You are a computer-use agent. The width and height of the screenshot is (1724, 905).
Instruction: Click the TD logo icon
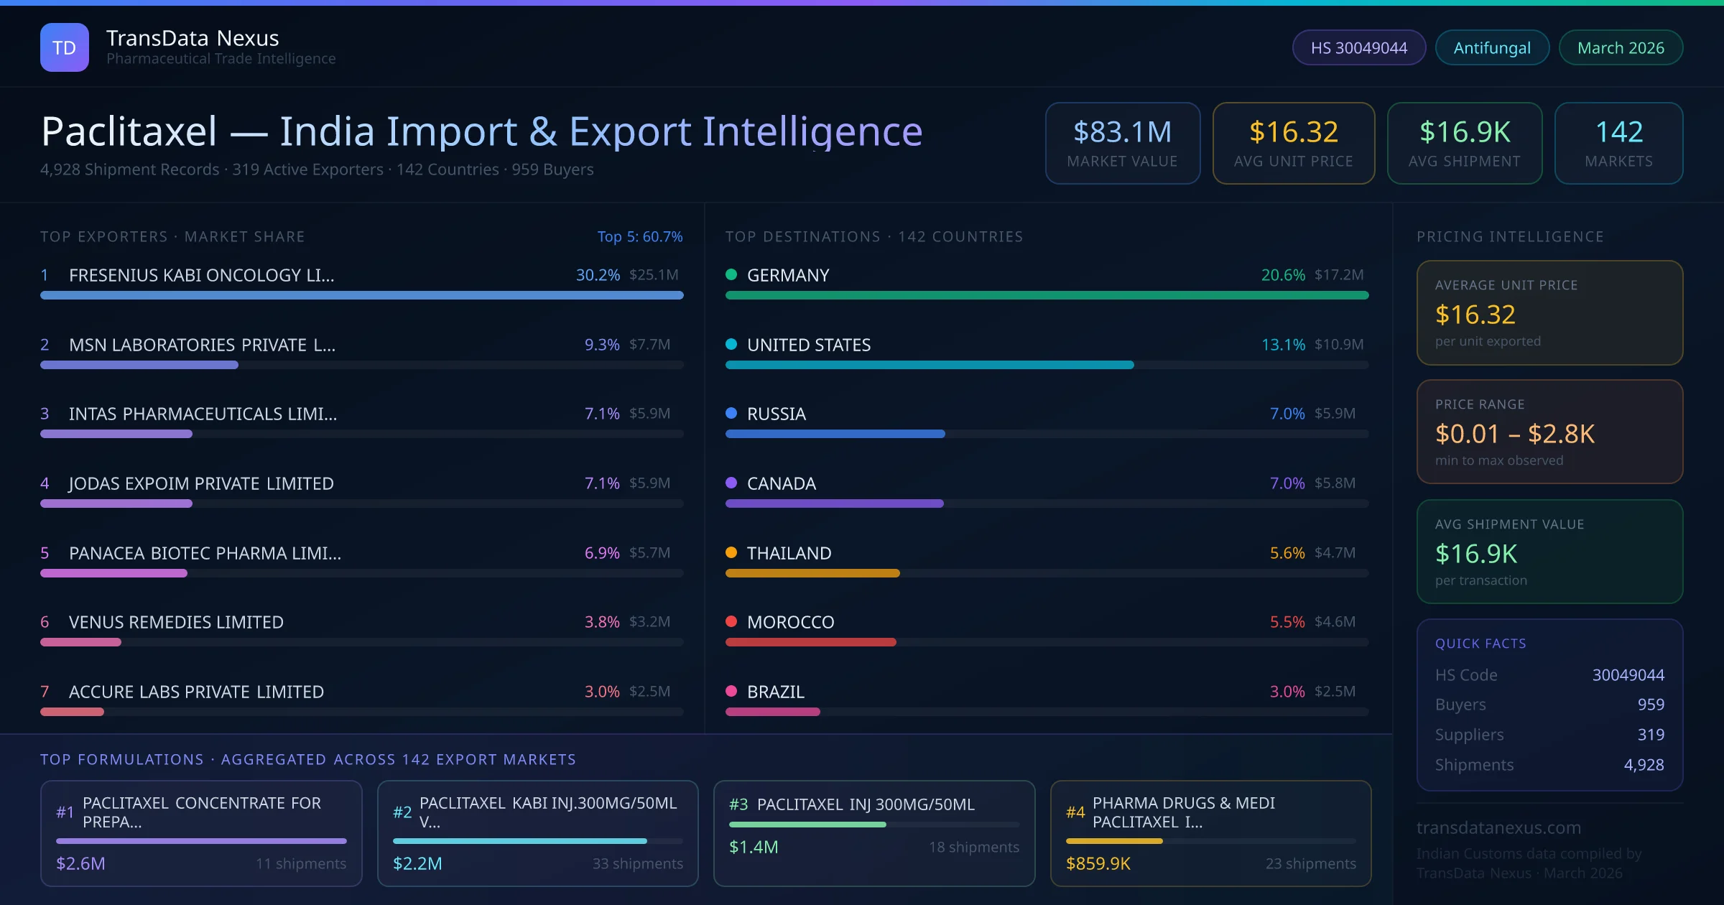tap(65, 47)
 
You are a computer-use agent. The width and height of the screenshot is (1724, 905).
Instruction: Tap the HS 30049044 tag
tap(1358, 47)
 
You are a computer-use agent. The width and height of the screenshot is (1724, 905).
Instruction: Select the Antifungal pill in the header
tap(1492, 47)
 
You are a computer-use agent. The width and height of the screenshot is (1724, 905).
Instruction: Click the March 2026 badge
tap(1621, 47)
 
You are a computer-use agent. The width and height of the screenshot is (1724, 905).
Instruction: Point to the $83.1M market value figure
tap(1122, 132)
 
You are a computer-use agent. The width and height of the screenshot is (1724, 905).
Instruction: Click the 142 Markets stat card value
tap(1619, 132)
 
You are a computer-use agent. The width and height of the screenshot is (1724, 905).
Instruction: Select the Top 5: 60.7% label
tap(639, 236)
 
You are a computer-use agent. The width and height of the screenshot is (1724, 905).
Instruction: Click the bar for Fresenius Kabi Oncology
tap(361, 295)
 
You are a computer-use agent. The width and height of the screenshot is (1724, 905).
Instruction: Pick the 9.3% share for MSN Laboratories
tap(601, 345)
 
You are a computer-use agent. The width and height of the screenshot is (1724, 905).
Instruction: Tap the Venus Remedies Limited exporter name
tap(176, 622)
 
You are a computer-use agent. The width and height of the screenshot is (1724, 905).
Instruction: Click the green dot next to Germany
tap(731, 274)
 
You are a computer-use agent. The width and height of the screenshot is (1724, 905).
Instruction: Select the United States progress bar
tap(929, 365)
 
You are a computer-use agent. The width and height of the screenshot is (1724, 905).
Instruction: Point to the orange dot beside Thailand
tap(731, 552)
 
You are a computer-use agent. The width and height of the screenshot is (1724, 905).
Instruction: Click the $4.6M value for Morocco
tap(1335, 622)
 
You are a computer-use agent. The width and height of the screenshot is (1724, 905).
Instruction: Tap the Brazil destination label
tap(775, 692)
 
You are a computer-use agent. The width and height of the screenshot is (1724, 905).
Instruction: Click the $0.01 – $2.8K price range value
tap(1514, 434)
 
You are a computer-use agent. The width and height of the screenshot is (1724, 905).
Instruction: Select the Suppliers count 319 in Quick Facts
tap(1650, 735)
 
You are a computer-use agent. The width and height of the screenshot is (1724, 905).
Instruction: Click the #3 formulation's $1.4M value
tap(754, 847)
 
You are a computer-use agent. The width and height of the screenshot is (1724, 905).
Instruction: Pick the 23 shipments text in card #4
tap(1310, 863)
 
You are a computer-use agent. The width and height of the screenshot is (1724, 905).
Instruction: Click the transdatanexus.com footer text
tap(1498, 827)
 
